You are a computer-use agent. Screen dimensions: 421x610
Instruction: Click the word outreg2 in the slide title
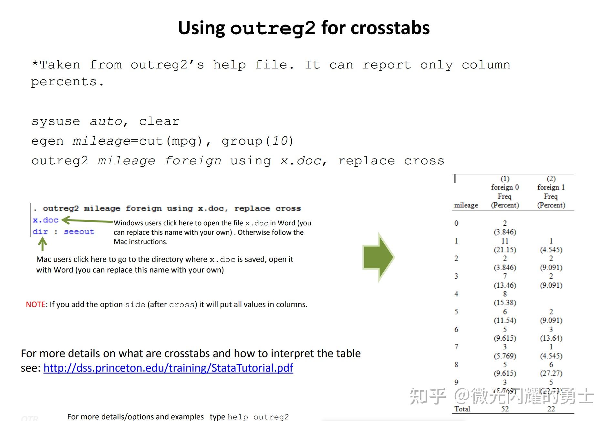pos(273,28)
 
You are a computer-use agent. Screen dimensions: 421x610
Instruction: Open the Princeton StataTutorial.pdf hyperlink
pos(168,368)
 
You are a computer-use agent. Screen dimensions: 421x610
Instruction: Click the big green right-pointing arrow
pos(378,257)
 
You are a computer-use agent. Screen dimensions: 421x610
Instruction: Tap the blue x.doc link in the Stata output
pos(46,220)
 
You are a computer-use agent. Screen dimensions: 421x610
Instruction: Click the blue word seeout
pos(79,232)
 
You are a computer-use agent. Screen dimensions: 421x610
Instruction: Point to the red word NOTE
pos(36,304)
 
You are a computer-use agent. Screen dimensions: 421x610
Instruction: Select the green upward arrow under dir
pos(42,244)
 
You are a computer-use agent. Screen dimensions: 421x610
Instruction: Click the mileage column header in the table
pos(466,205)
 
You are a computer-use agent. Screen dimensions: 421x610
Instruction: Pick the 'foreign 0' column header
pos(505,187)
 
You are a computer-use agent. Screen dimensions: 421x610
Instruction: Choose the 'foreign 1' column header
pos(551,187)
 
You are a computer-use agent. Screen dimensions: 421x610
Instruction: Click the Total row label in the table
pos(462,409)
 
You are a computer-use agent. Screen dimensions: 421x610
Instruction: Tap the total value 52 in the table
pos(505,409)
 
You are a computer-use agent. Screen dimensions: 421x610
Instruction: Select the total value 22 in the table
pos(551,409)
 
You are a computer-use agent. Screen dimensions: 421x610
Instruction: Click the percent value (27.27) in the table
pos(551,374)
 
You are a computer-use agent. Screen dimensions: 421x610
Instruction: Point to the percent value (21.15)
pos(505,250)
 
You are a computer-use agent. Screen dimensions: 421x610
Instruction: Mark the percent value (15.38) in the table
pos(505,303)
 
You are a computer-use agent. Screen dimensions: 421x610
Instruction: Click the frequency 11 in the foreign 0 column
pos(505,241)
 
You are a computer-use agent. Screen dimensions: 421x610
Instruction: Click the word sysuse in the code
pos(56,122)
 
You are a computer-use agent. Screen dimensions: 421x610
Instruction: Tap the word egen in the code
pos(47,141)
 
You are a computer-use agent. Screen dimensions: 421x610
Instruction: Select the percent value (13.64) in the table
pos(551,338)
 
